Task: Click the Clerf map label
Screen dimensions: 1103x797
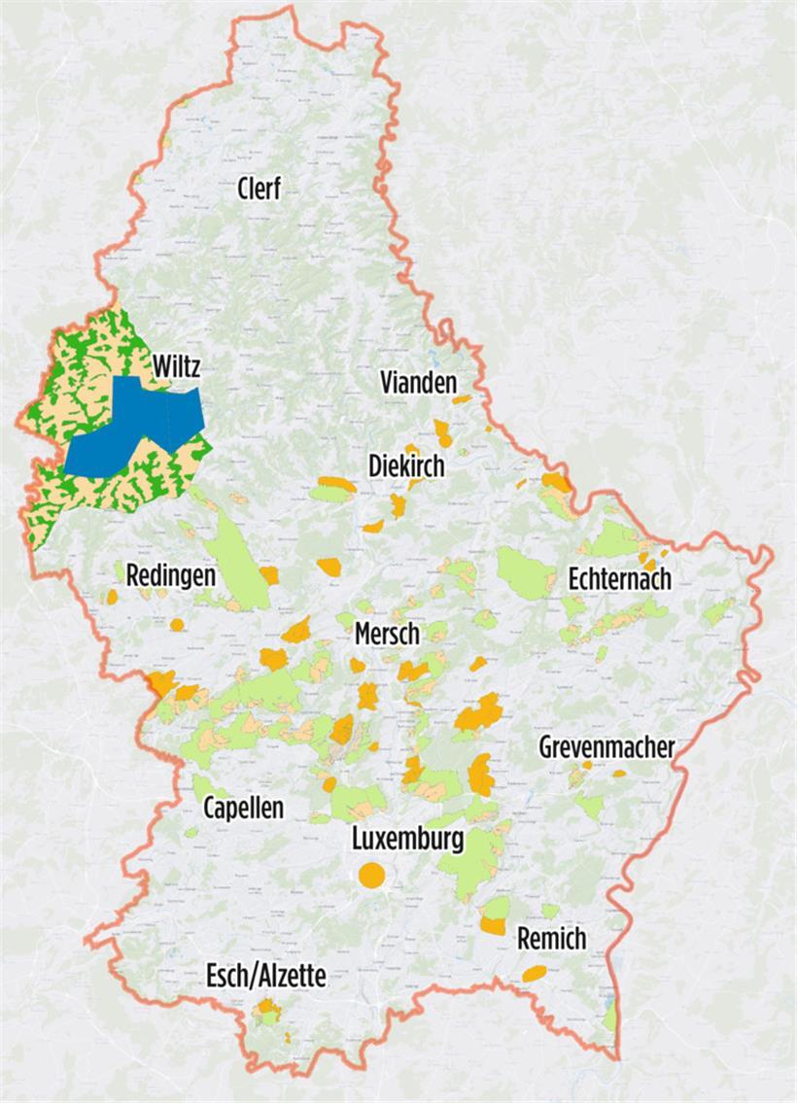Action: [x=260, y=189]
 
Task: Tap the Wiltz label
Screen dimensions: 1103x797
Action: [x=177, y=366]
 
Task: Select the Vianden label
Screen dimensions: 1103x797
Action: [x=418, y=383]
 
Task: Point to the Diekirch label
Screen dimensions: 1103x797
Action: [x=406, y=465]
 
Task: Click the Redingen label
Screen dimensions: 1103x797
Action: [x=170, y=574]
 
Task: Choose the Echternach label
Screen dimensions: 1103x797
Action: [x=620, y=579]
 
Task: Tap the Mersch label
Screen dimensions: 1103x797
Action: [x=387, y=634]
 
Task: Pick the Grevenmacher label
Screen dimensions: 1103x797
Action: [x=606, y=747]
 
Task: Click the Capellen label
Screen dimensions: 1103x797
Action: [x=243, y=808]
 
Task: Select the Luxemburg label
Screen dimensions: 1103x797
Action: [x=407, y=839]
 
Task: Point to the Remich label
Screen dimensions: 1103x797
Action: [x=552, y=939]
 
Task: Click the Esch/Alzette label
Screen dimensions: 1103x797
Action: [x=265, y=977]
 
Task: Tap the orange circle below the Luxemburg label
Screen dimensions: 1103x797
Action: [x=371, y=875]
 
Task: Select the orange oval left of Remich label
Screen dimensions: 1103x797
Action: [x=534, y=973]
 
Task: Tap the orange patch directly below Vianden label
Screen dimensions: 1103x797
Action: [x=443, y=432]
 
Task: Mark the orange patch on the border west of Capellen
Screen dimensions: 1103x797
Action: [x=160, y=682]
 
